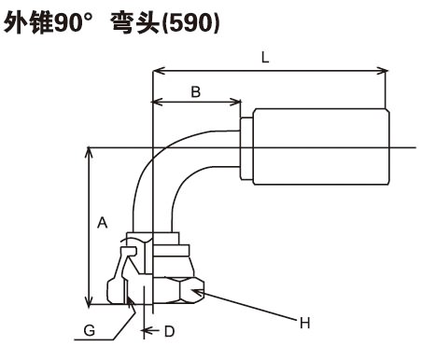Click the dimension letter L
(x=265, y=58)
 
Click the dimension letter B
(x=195, y=91)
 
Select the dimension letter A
(x=103, y=223)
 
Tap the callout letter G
(x=90, y=330)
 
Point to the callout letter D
(x=169, y=331)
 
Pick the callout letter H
(x=305, y=324)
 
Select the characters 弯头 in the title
(x=135, y=22)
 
